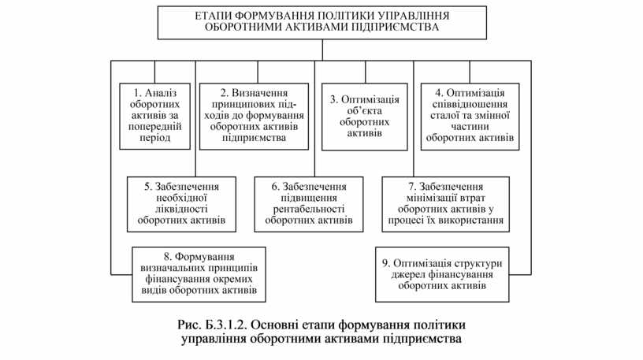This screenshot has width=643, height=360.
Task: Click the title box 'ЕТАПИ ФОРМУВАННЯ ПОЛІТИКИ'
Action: pos(321,21)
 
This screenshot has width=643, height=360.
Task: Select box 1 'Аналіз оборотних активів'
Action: pos(155,115)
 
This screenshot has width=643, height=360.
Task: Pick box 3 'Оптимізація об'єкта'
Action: pos(364,117)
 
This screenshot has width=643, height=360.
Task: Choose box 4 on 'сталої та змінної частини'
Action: pos(470,115)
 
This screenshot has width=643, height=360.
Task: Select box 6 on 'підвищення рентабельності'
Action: pos(309,203)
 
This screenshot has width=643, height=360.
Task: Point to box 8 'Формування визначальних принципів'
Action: pos(199,273)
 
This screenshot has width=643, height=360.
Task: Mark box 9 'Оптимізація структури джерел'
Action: pos(441,274)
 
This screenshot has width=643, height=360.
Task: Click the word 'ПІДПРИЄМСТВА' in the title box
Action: pos(392,28)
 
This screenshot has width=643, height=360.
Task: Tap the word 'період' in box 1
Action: pos(154,137)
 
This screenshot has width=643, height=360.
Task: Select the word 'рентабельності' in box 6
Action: pos(309,210)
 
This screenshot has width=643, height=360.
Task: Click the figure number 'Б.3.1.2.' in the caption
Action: pos(229,325)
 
